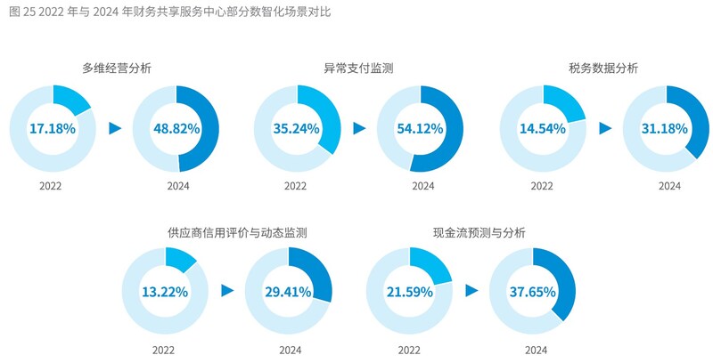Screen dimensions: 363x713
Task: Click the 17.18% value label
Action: (x=52, y=128)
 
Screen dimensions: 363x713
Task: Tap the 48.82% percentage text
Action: (x=175, y=128)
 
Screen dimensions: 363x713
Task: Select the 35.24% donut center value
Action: (x=297, y=128)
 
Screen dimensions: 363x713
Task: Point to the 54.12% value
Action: (x=420, y=128)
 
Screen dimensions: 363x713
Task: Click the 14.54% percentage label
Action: (x=542, y=128)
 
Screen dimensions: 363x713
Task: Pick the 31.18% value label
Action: (x=665, y=128)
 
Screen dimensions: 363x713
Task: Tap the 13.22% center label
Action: (x=165, y=291)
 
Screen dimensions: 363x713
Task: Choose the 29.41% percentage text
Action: (x=288, y=291)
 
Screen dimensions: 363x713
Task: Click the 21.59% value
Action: (x=410, y=291)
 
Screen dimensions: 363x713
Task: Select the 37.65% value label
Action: (x=533, y=291)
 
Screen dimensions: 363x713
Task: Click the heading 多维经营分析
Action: (x=115, y=68)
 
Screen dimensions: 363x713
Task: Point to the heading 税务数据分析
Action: (x=603, y=68)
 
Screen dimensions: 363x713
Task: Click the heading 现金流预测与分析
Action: (x=471, y=232)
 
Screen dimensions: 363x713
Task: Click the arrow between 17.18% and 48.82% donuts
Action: (x=114, y=128)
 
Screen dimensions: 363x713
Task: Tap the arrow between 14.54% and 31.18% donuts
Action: (x=605, y=128)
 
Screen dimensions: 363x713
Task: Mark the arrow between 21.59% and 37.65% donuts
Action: (x=471, y=291)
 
